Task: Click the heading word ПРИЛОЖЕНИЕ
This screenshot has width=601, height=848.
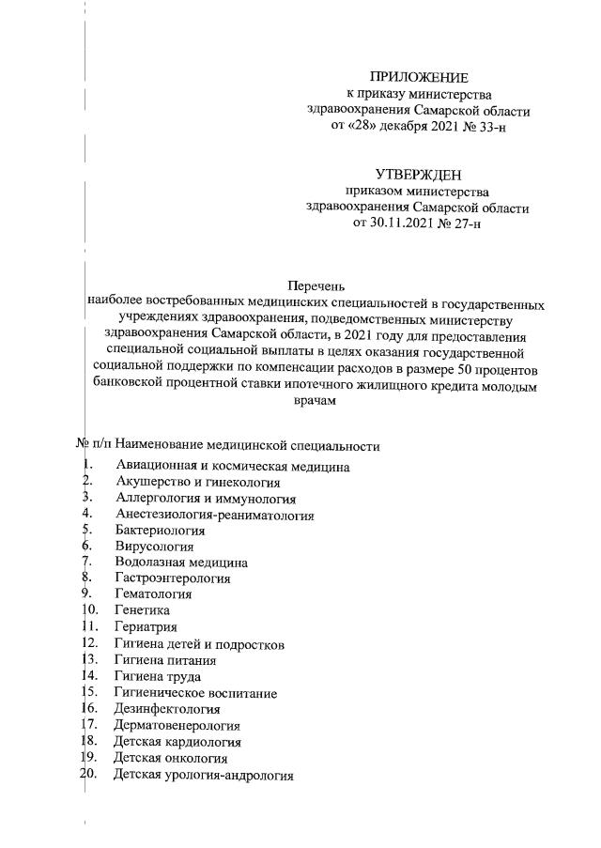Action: pos(418,77)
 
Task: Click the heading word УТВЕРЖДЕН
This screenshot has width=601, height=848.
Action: pos(418,175)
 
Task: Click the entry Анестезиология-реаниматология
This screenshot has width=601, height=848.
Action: pos(214,515)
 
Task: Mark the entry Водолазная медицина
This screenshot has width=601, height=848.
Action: pos(181,563)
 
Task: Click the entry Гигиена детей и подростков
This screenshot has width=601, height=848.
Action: pos(199,644)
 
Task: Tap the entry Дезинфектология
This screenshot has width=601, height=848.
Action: pos(167,709)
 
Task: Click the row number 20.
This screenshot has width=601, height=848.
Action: pos(89,775)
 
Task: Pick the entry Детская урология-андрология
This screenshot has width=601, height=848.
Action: pos(203,776)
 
